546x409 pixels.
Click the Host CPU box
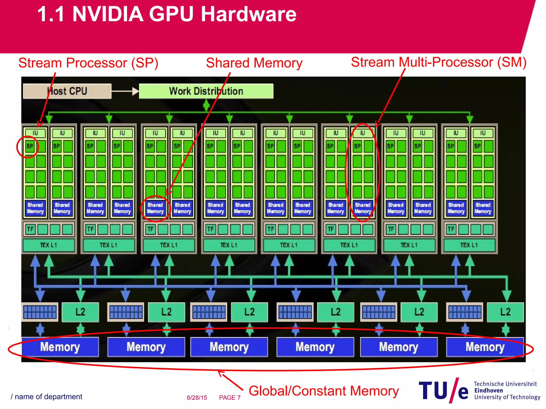(67, 91)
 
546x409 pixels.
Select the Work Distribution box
(206, 91)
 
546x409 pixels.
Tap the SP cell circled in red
(30, 146)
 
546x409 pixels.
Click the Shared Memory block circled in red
(155, 208)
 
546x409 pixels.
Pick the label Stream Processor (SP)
(88, 63)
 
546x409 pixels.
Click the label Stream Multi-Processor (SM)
(439, 62)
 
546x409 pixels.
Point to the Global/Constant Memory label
(323, 391)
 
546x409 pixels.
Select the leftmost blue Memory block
(60, 347)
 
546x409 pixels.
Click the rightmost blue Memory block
(485, 347)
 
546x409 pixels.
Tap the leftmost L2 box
(80, 312)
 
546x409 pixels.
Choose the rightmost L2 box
(505, 312)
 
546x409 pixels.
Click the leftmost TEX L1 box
(49, 245)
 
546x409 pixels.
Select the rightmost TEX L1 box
(469, 245)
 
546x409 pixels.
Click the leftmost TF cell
(30, 229)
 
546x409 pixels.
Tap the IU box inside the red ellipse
(363, 133)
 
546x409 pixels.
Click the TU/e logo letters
(443, 391)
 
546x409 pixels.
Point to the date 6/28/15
(197, 398)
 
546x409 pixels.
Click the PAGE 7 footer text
(230, 398)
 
